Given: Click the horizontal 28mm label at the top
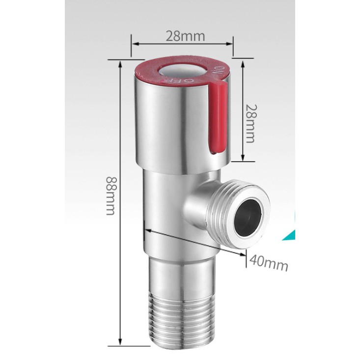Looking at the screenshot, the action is click(185, 36).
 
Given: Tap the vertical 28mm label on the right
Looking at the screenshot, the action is click(250, 124).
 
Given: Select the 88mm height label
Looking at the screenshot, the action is click(111, 195).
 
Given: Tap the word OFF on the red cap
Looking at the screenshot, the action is click(178, 81).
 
